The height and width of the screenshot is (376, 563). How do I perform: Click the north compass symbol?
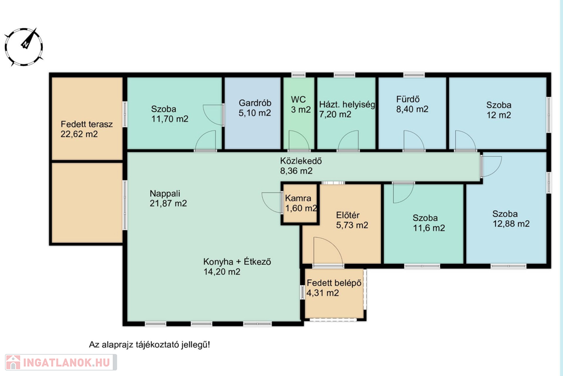pyautogui.click(x=24, y=46)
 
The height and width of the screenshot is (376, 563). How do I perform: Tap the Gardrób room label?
pyautogui.click(x=255, y=108)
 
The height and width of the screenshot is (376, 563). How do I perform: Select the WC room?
pyautogui.click(x=299, y=113)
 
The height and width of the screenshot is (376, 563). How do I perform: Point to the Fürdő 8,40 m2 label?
pyautogui.click(x=412, y=104)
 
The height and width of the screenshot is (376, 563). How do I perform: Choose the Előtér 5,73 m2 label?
pyautogui.click(x=352, y=220)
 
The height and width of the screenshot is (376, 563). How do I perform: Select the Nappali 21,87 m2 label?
pyautogui.click(x=168, y=198)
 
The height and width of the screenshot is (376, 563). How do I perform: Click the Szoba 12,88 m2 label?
pyautogui.click(x=511, y=219)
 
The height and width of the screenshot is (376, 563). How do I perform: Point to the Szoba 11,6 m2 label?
pyautogui.click(x=429, y=223)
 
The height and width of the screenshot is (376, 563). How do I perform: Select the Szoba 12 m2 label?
pyautogui.click(x=499, y=110)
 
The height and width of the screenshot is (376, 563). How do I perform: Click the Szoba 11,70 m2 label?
pyautogui.click(x=169, y=113)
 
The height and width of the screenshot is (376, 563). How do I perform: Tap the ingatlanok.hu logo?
pyautogui.click(x=60, y=362)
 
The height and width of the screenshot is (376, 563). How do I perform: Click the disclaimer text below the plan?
pyautogui.click(x=150, y=345)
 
